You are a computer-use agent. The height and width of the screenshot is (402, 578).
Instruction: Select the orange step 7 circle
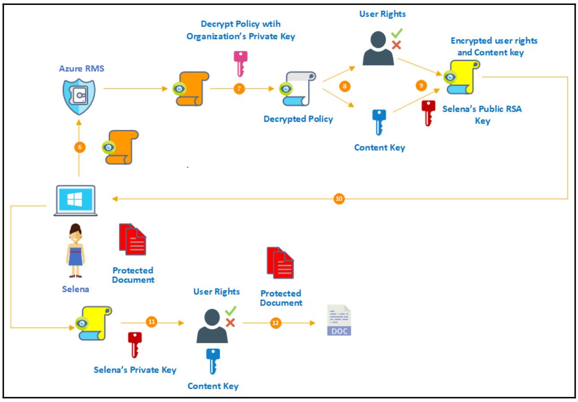[x=239, y=89]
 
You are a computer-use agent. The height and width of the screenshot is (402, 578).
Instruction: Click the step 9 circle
[x=421, y=86]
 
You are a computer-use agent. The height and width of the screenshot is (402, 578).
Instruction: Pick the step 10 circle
[x=339, y=199]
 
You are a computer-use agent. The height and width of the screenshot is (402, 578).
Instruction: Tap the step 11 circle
[x=151, y=322]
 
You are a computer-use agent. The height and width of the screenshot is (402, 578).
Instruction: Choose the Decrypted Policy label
[x=298, y=119]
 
